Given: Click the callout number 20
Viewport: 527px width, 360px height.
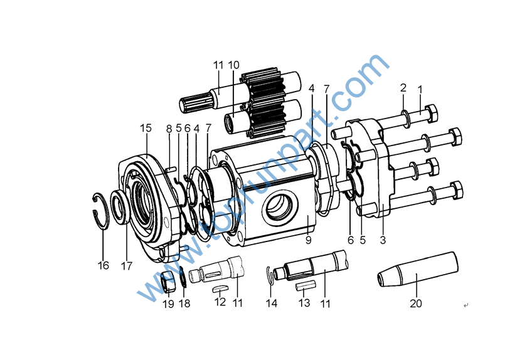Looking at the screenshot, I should (x=416, y=304).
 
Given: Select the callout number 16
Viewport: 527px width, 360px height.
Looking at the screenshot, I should (x=103, y=265).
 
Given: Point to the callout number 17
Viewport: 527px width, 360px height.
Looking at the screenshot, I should (x=127, y=265).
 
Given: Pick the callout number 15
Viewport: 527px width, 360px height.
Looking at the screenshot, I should (x=146, y=128).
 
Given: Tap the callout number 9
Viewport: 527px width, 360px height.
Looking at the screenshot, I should (x=308, y=239).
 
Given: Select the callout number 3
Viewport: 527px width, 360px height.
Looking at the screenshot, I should (x=383, y=239).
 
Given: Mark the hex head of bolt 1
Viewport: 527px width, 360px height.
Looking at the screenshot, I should (x=431, y=114).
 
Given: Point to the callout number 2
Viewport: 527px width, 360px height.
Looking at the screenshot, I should (x=403, y=88).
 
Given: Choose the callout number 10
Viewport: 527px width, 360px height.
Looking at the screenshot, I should (x=233, y=65).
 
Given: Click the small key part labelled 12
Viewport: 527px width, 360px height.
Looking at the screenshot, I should (x=219, y=289).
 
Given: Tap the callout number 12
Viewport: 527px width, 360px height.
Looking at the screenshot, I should (x=220, y=302).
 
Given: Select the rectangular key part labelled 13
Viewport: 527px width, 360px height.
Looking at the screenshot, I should (x=304, y=286).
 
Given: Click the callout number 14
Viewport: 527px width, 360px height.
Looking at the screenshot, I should (x=270, y=304).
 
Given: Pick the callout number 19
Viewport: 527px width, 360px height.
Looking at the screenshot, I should (x=168, y=304).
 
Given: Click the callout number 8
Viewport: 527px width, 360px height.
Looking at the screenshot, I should (x=169, y=129).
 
